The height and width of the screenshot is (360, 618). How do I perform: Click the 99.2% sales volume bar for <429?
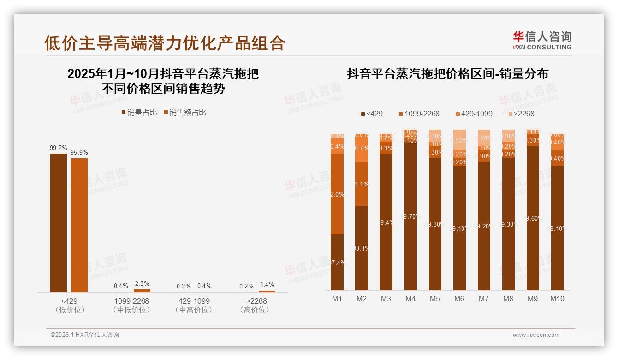[x=59, y=222]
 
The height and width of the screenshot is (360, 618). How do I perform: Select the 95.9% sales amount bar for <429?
[x=79, y=225]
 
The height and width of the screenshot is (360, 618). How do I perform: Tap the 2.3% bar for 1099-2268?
[x=142, y=290]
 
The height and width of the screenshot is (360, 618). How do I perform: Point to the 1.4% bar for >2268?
[x=267, y=291]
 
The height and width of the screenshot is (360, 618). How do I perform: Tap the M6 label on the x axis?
[x=459, y=299]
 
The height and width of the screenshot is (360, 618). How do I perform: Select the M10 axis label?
[x=557, y=299]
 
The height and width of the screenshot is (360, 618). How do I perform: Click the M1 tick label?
[x=337, y=299]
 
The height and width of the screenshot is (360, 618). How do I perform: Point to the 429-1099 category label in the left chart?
[x=194, y=305]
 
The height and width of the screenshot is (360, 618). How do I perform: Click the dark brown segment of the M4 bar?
[x=410, y=217]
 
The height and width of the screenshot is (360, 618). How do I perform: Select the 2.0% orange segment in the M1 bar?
[x=337, y=194]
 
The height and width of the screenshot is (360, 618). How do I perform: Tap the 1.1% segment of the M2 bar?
[x=362, y=184]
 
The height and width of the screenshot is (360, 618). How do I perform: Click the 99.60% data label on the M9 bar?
[x=533, y=219]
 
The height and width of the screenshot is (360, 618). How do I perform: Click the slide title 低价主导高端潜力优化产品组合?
[x=165, y=43]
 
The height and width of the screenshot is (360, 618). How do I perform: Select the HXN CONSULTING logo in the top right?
[x=542, y=41]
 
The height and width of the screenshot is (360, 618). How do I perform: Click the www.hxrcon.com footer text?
[x=536, y=335]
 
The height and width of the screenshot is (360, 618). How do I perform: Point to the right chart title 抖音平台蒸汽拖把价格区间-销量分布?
[x=447, y=74]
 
